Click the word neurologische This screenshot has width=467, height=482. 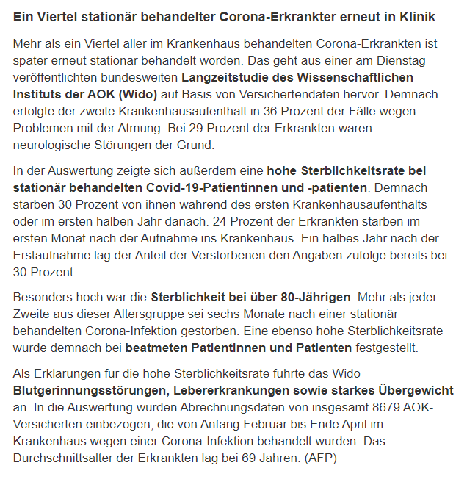coord(57,145)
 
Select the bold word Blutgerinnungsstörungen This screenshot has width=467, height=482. coord(90,390)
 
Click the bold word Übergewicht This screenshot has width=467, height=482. coord(414,390)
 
